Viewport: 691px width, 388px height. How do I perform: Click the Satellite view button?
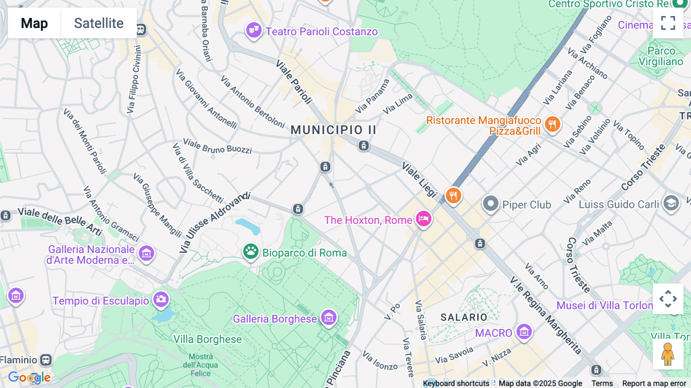[99, 23]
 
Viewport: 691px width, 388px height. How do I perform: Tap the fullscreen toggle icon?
[668, 23]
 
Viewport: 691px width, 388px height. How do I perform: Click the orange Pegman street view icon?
[668, 354]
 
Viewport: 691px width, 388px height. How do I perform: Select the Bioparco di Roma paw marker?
[251, 252]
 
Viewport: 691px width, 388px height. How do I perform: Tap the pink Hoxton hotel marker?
[423, 219]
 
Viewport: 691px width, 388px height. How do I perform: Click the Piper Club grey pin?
[491, 203]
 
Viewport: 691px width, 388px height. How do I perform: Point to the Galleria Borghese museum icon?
[329, 318]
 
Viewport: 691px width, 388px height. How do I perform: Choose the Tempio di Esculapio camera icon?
[161, 299]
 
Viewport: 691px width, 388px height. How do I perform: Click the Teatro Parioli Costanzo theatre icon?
[253, 30]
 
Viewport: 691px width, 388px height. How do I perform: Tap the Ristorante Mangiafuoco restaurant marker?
[552, 124]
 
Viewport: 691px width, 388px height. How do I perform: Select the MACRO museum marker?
[524, 332]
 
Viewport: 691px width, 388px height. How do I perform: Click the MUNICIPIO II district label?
[333, 130]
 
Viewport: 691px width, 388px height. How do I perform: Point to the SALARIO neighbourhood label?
[464, 317]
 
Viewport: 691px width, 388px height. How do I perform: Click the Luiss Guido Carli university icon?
[671, 203]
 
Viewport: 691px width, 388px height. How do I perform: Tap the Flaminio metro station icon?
[46, 360]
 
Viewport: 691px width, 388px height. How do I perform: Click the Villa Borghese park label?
[207, 339]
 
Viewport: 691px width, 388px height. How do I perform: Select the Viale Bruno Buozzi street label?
[217, 146]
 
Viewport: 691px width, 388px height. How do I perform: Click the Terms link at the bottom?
[602, 383]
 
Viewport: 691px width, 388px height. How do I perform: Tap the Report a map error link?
[654, 383]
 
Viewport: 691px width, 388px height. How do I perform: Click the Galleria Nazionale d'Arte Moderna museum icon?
[146, 254]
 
